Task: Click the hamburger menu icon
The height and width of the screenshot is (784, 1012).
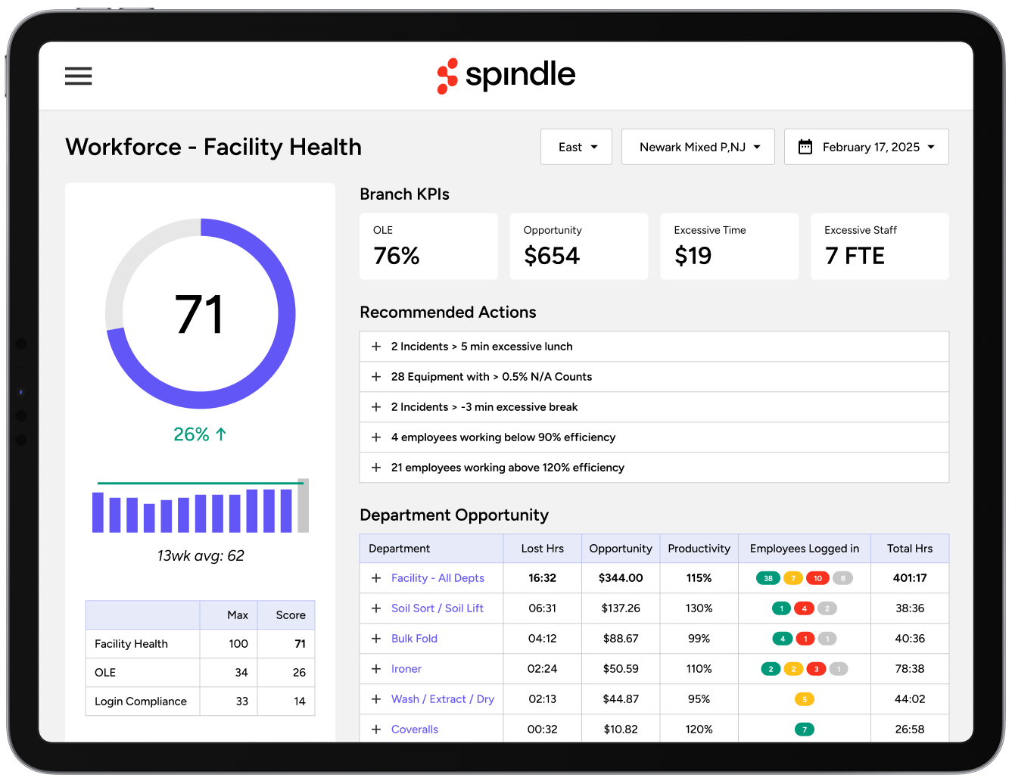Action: pos(78,76)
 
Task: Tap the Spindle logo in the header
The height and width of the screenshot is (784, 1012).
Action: pos(506,76)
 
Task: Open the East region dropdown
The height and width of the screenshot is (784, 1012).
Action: pos(576,147)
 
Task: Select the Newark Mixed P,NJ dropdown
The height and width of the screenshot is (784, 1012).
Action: pos(698,147)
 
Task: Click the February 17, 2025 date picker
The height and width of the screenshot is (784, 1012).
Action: pos(866,147)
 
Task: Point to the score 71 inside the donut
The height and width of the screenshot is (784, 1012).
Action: pos(200,314)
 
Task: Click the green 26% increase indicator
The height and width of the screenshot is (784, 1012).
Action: pos(200,434)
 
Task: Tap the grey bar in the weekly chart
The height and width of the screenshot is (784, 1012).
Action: pos(303,506)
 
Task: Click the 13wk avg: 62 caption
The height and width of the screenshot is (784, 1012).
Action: pos(201,555)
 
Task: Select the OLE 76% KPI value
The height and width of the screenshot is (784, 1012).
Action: pos(397,256)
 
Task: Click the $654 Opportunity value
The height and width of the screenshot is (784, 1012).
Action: pos(552,256)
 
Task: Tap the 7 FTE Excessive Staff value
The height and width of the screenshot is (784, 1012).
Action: pos(855,256)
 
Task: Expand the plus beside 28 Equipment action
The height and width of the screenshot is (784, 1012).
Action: pos(375,377)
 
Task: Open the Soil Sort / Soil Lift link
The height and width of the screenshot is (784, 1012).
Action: pos(437,608)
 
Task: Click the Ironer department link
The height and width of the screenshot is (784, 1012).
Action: pos(406,669)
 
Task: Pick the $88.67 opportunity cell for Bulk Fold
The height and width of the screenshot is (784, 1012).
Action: pos(621,639)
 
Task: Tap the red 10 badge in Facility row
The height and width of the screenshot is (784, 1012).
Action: pos(817,578)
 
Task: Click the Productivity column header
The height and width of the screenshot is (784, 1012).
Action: pos(699,549)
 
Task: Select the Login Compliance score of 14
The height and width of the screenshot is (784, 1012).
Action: pos(300,702)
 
